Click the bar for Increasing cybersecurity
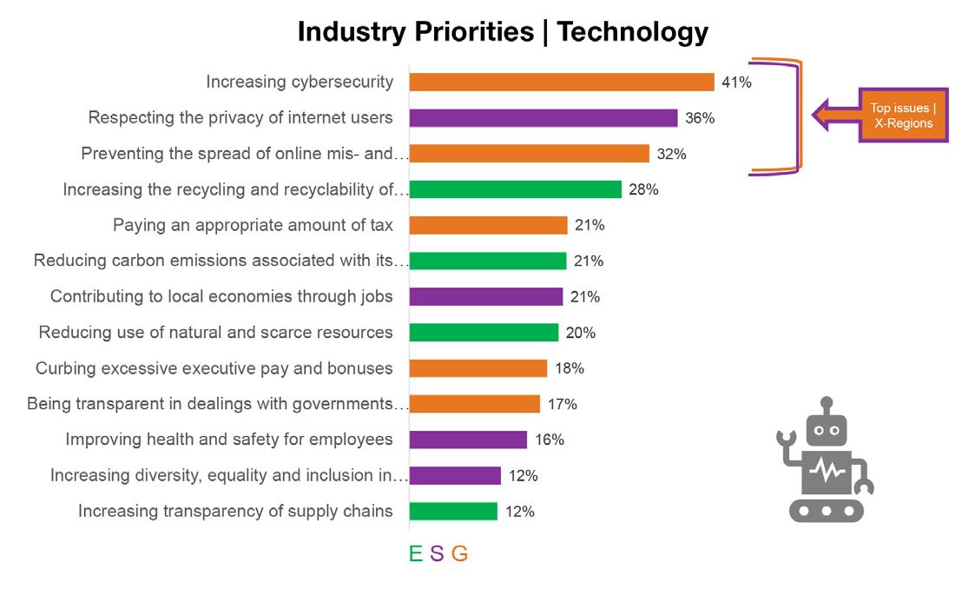tap(561, 82)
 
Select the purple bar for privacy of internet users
tap(543, 118)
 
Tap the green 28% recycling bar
tap(515, 189)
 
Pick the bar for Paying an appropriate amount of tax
tap(488, 225)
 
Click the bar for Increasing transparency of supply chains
tap(453, 511)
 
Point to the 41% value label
tap(736, 83)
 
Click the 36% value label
tap(700, 118)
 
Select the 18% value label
tap(569, 368)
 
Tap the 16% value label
tap(549, 440)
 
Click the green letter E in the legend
tap(416, 553)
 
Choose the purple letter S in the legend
tap(437, 553)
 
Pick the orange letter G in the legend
tap(459, 553)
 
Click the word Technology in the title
tap(632, 32)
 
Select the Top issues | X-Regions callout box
tap(903, 116)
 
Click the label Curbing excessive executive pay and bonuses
tap(214, 368)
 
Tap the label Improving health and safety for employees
tap(229, 440)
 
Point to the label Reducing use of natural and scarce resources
tap(215, 333)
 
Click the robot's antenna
tap(826, 405)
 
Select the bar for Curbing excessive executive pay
tap(478, 368)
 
